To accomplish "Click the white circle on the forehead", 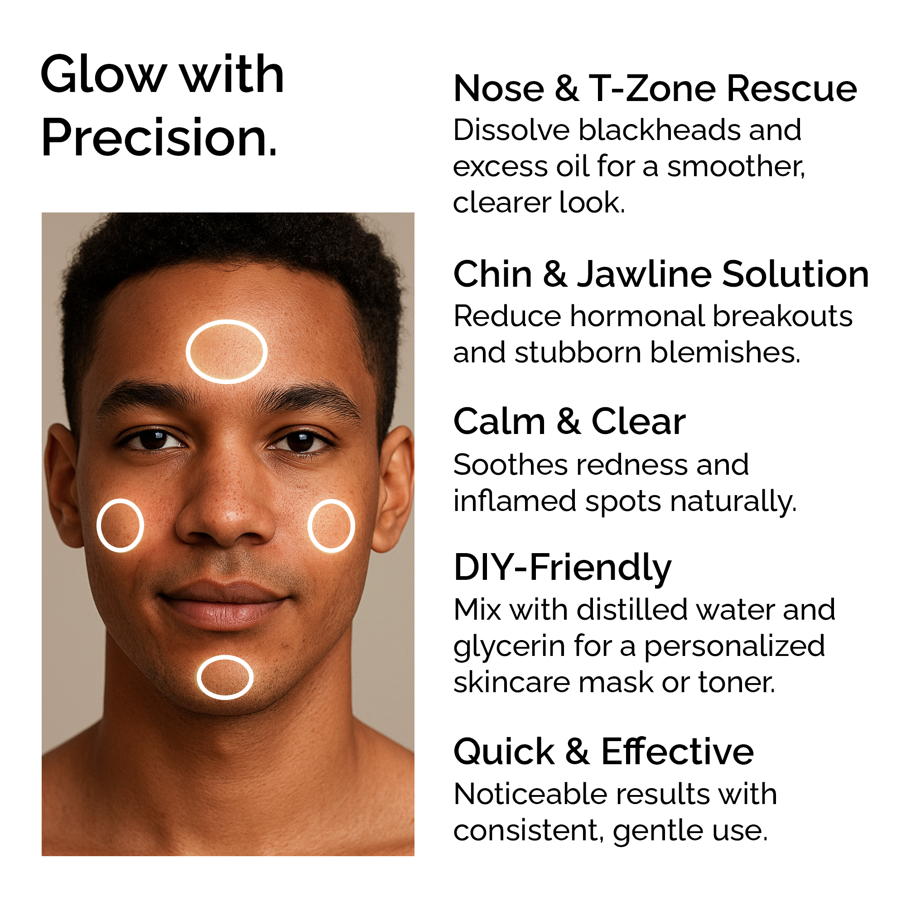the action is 226,322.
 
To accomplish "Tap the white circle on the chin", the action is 225,657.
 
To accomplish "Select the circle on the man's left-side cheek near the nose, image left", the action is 120,501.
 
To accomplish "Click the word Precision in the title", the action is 159,138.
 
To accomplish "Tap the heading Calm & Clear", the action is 569,421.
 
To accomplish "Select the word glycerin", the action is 509,648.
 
